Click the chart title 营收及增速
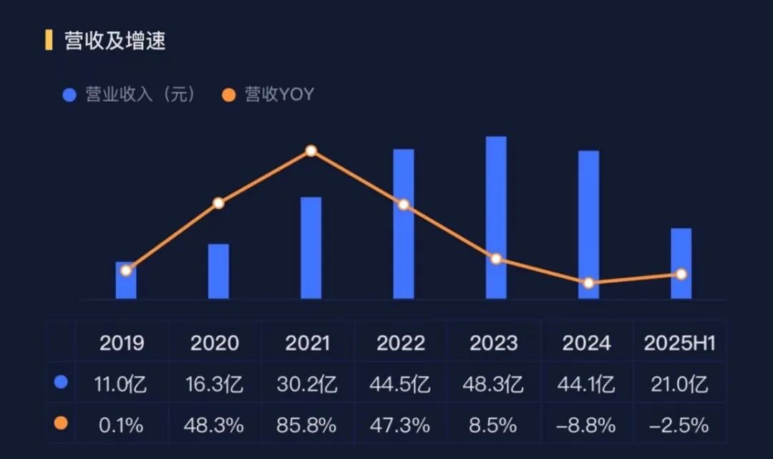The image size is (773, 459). (115, 41)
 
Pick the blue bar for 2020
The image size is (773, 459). (218, 271)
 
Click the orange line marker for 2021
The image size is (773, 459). (311, 151)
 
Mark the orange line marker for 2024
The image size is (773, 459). (588, 283)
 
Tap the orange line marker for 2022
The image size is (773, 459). (404, 205)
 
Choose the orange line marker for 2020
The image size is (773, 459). (218, 203)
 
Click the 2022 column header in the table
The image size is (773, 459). (401, 343)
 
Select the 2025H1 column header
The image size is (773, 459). (679, 343)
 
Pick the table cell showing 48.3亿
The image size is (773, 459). (493, 385)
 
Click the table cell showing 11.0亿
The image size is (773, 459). (121, 385)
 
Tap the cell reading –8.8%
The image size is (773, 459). (586, 425)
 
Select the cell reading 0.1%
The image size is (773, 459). (121, 425)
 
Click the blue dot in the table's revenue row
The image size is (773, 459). (61, 382)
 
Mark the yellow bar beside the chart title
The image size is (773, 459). (49, 40)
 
